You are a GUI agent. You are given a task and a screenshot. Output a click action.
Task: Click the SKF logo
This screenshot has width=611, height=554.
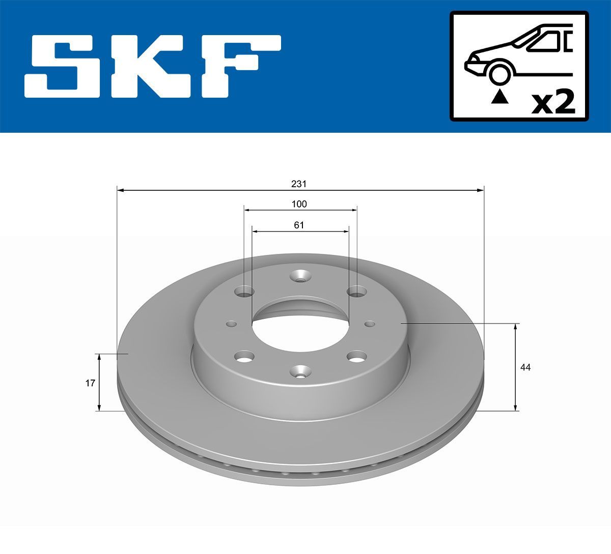pos(153,66)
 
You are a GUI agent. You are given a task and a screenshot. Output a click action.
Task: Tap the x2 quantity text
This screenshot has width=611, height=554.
pos(553,102)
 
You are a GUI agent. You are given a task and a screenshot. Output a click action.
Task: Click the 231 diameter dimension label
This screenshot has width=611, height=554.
pos(299,184)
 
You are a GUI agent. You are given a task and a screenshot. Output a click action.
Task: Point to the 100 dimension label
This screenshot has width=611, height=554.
pos(299,204)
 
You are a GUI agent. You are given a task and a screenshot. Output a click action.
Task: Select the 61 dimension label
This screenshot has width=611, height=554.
pos(299,225)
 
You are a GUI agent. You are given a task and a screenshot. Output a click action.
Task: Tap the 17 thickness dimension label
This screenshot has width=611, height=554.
pos(90,383)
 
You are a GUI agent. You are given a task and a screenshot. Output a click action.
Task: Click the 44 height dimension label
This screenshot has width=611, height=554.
pos(525,367)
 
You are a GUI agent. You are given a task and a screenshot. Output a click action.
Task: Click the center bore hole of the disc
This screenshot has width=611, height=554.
pos(300,326)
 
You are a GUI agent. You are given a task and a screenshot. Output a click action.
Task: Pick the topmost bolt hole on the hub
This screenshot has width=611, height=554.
pos(300,277)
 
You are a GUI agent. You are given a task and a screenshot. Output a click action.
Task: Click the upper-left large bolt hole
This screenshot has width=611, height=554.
pos(244,292)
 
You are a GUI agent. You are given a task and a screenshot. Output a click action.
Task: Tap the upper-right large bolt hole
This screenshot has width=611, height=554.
pos(356,292)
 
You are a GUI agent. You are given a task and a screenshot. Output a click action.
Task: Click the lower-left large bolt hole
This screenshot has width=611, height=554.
pos(245,357)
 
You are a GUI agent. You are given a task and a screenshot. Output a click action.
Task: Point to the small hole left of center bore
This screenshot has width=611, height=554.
pos(232,324)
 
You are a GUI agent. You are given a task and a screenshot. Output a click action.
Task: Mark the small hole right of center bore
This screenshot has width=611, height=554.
pos(370,324)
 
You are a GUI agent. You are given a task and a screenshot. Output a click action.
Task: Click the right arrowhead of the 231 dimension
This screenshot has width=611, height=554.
pos(480,190)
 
